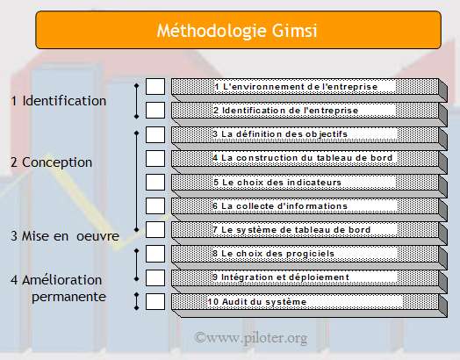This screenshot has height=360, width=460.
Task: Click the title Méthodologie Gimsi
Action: pyautogui.click(x=237, y=31)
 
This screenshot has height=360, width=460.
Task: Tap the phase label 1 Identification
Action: pyautogui.click(x=59, y=101)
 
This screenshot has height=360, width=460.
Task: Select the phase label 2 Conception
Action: pyautogui.click(x=51, y=162)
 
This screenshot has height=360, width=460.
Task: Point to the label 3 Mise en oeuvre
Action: pyautogui.click(x=65, y=236)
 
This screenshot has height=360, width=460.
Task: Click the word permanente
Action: pyautogui.click(x=68, y=297)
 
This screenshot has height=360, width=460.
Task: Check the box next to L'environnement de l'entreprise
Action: pyautogui.click(x=155, y=87)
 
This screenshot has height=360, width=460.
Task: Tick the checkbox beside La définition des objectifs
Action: pyautogui.click(x=155, y=134)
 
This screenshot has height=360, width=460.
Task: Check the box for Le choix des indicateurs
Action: pyautogui.click(x=155, y=183)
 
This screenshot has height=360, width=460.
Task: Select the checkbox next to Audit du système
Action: pyautogui.click(x=155, y=302)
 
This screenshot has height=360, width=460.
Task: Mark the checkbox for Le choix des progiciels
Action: pyautogui.click(x=155, y=254)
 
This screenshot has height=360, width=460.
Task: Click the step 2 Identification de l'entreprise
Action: pyautogui.click(x=285, y=111)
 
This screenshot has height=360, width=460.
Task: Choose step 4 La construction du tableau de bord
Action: pyautogui.click(x=303, y=158)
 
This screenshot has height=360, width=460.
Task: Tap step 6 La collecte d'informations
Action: pyautogui.click(x=280, y=206)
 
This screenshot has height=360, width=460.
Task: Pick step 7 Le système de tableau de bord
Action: pyautogui.click(x=291, y=230)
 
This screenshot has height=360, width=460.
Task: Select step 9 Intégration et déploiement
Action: pyautogui.click(x=281, y=277)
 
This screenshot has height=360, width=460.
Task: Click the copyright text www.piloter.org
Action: pyautogui.click(x=251, y=337)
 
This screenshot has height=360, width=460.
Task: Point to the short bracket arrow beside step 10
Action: pyautogui.click(x=136, y=301)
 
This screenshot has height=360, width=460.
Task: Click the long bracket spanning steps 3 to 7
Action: pyautogui.click(x=136, y=182)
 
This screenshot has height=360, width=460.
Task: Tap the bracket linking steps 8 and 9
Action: pyautogui.click(x=136, y=265)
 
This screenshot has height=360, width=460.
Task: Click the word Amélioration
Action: pyautogui.click(x=62, y=280)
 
